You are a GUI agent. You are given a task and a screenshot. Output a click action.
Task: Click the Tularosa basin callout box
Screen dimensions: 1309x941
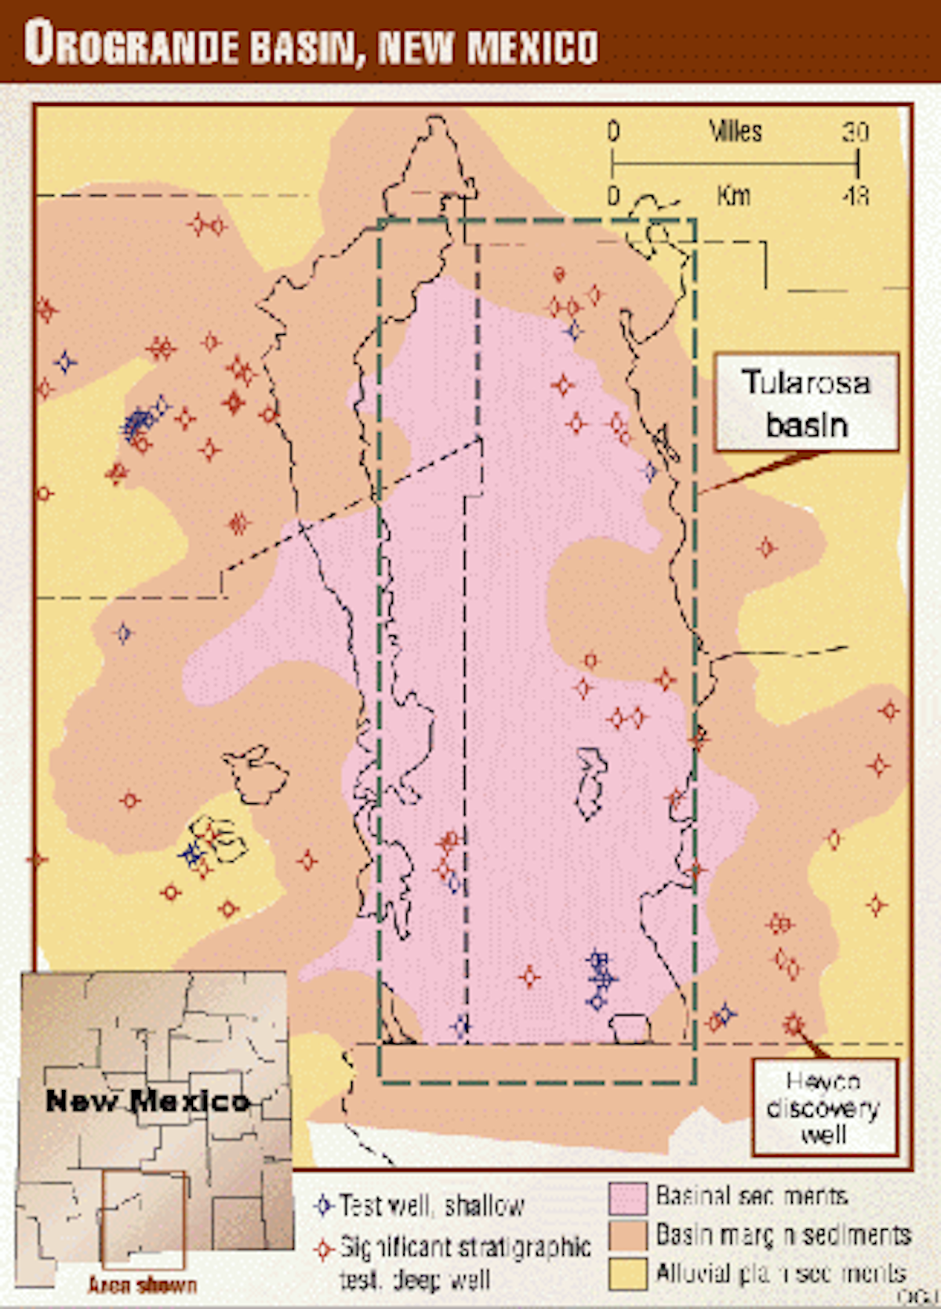tap(806, 403)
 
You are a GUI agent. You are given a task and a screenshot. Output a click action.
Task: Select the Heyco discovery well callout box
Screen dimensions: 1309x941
tap(824, 1107)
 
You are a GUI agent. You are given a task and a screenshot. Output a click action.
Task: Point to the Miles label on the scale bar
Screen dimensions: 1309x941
tap(735, 131)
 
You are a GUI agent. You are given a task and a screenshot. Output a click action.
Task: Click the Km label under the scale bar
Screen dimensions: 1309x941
tap(733, 195)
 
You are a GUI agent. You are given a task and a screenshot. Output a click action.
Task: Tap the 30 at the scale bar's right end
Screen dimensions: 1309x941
tap(856, 132)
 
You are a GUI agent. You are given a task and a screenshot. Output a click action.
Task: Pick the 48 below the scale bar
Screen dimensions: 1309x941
tap(856, 195)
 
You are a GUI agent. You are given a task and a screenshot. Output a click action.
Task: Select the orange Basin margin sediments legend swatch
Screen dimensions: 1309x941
tap(627, 1235)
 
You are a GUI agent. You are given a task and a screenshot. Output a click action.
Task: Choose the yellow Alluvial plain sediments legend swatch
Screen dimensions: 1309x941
tap(627, 1272)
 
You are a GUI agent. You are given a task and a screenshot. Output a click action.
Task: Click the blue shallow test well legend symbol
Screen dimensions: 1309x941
tap(324, 1205)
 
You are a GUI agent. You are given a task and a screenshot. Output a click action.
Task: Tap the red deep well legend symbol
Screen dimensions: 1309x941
tap(324, 1249)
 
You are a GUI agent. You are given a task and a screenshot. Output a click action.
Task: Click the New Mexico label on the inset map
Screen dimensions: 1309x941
tap(147, 1100)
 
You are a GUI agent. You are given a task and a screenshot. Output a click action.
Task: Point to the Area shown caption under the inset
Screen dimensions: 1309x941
tap(142, 1285)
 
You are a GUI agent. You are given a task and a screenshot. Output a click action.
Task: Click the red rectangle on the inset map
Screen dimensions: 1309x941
tap(144, 1220)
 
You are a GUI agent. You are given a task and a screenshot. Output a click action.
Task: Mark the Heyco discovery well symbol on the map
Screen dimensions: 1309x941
tap(794, 1024)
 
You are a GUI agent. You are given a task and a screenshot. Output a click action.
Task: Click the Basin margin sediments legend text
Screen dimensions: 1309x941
tap(783, 1235)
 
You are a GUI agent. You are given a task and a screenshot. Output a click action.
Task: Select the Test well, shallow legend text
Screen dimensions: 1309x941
tap(432, 1205)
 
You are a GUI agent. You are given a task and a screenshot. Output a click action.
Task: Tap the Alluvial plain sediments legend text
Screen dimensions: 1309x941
tap(781, 1272)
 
